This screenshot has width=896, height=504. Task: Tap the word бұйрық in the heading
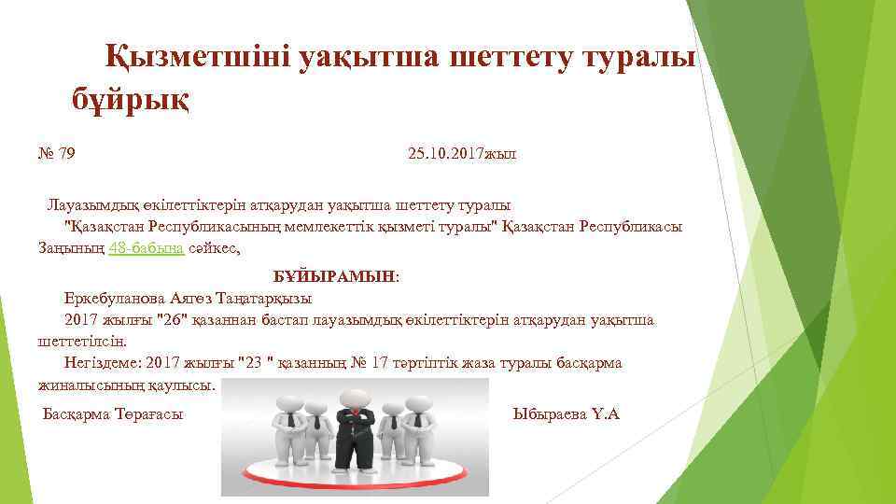(132, 98)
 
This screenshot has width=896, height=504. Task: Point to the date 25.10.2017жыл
(461, 154)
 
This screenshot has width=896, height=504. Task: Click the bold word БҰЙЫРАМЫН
(334, 277)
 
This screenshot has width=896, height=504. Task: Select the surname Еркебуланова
(116, 299)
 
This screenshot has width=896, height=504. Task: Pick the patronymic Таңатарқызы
(266, 299)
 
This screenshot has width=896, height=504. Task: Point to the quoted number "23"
(255, 363)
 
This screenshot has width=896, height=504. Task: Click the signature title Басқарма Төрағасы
(113, 413)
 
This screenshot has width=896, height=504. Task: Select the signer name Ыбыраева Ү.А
(566, 413)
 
